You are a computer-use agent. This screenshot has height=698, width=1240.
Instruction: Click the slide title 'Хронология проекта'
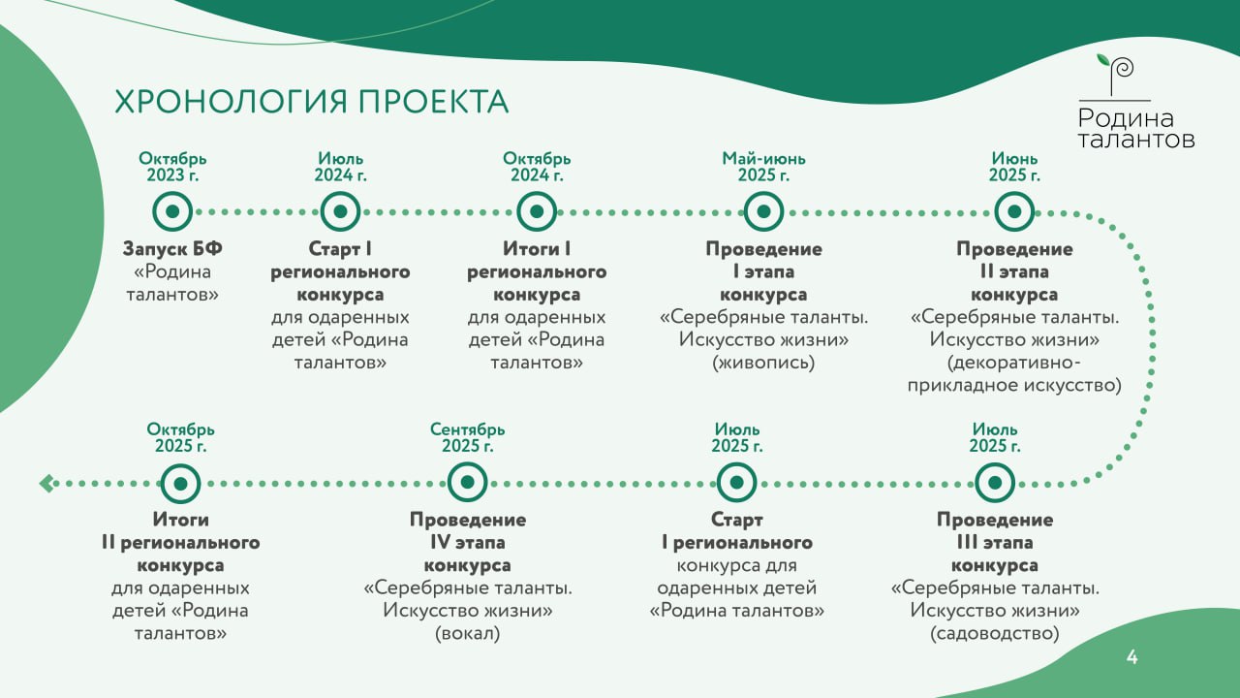click(311, 102)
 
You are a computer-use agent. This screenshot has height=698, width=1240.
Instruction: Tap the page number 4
click(1132, 657)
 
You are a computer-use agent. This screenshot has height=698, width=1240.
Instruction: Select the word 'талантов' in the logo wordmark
click(1136, 139)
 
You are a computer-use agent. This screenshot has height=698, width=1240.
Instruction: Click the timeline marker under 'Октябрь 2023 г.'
click(172, 211)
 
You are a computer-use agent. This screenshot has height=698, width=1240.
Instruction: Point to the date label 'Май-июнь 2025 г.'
click(763, 167)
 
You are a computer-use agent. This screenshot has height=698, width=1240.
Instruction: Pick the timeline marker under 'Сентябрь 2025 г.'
click(467, 483)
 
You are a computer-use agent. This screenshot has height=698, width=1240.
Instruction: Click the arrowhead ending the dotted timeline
click(46, 484)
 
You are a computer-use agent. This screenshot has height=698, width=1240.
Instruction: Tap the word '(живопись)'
click(763, 363)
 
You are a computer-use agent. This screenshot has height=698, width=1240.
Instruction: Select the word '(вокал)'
click(467, 633)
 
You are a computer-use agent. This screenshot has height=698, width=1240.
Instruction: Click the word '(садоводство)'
click(994, 633)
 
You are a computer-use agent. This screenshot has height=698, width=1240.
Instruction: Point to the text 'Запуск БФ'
click(172, 249)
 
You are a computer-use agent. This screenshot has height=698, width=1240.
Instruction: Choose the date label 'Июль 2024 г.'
click(340, 167)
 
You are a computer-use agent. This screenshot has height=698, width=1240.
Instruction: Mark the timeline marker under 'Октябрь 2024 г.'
click(537, 211)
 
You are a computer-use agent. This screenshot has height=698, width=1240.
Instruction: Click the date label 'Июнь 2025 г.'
click(1014, 167)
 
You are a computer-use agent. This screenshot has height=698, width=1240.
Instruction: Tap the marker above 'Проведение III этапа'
click(994, 483)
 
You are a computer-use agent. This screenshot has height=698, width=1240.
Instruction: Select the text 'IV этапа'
click(467, 542)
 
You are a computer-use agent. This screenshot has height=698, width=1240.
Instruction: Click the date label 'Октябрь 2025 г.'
click(180, 437)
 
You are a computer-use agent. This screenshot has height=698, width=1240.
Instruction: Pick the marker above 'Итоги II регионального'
click(180, 483)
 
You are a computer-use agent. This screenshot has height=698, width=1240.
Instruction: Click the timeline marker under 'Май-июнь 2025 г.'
click(763, 211)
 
